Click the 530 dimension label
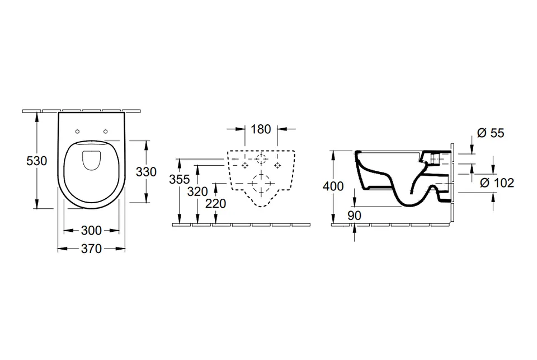tap(37, 161)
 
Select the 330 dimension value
tap(146, 172)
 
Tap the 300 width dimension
tap(91, 231)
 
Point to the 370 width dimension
tap(91, 249)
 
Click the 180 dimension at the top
tap(261, 129)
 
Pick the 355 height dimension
tap(180, 179)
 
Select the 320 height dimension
tap(197, 191)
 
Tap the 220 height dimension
tap(216, 204)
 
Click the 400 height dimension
tap(333, 186)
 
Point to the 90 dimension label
tap(355, 216)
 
